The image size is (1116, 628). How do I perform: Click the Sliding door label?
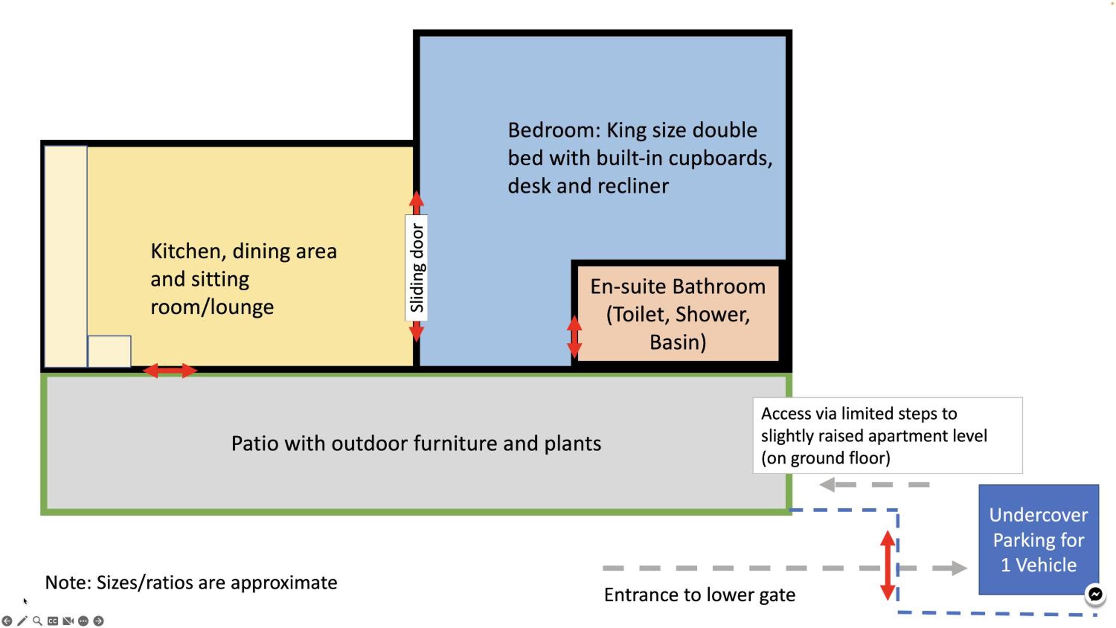416,267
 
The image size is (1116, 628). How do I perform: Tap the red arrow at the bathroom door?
574,337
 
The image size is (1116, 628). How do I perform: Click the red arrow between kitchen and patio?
170,371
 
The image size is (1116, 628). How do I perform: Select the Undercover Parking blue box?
1039,539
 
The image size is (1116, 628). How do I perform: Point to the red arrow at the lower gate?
888,565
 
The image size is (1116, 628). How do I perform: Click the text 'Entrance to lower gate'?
700,595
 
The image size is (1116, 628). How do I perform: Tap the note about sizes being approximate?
191,583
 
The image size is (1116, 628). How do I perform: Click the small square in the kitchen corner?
109,351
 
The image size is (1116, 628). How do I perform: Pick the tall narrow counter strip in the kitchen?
66,257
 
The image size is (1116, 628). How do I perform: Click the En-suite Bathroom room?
678,313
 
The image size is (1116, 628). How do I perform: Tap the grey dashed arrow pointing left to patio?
874,484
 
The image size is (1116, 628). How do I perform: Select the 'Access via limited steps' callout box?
888,436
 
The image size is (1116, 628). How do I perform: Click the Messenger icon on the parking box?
1095,594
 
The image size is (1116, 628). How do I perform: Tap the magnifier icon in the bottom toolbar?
38,621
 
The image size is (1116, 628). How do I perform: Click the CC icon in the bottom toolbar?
53,621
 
